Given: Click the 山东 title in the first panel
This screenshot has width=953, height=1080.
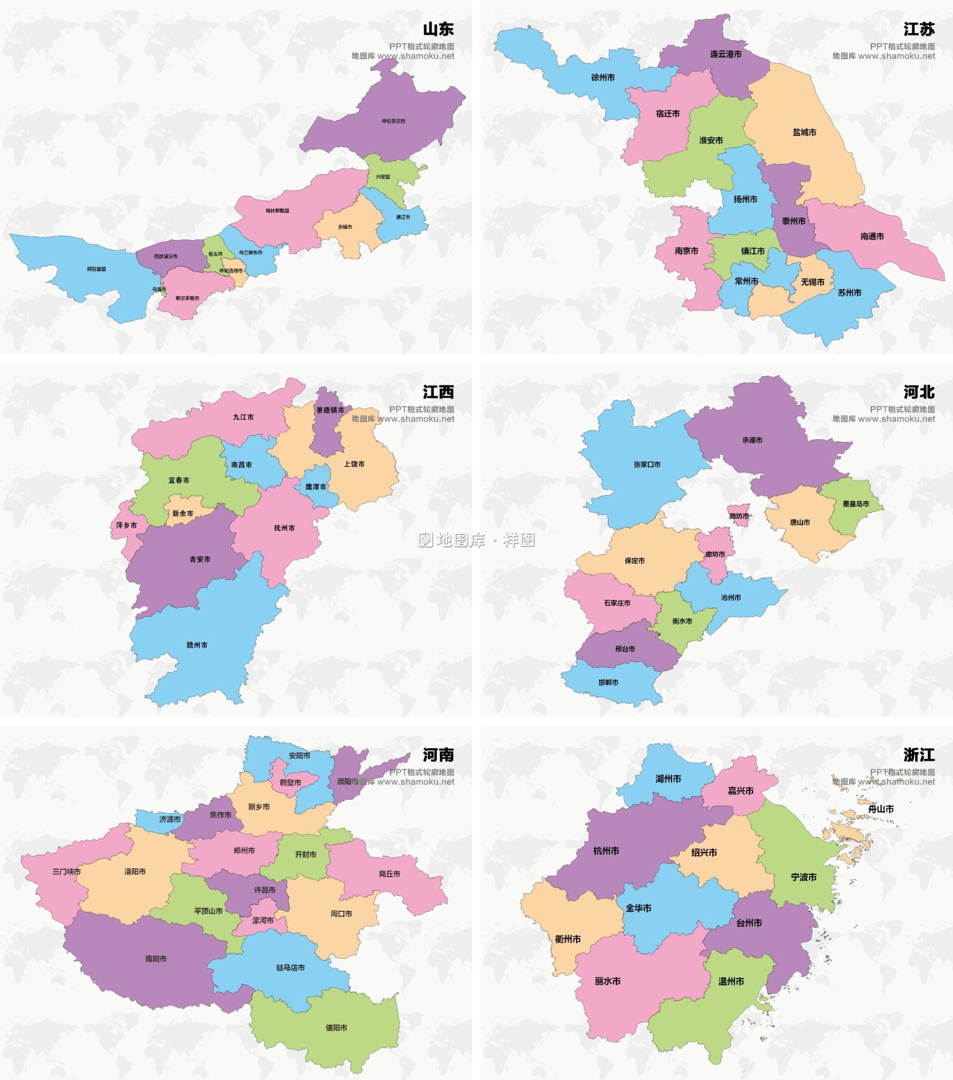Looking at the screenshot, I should (x=438, y=29).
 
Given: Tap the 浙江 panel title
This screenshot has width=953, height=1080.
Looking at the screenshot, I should (x=919, y=754).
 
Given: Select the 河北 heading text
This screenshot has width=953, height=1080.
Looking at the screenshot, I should (x=919, y=392).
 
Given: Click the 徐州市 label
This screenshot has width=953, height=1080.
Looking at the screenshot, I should (x=603, y=77).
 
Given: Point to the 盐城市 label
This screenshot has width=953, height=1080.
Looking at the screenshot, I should (x=804, y=132).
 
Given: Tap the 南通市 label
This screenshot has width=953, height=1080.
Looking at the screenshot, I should (x=872, y=236).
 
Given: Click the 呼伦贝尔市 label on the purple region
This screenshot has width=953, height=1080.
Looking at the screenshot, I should (x=394, y=121).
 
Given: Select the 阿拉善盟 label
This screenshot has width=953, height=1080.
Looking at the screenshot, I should (x=96, y=269).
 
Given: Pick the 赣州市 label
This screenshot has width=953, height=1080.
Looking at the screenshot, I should (x=197, y=645).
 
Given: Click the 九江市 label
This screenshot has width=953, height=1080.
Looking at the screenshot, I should (x=243, y=417).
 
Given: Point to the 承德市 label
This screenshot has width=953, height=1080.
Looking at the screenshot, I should (x=752, y=440).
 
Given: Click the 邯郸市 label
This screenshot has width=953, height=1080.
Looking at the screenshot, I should (x=608, y=682).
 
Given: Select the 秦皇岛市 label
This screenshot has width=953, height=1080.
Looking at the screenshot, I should (x=856, y=503).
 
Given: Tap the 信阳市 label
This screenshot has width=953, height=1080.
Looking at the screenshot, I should (x=336, y=1027).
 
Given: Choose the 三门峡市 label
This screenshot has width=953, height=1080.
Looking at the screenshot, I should (x=67, y=871).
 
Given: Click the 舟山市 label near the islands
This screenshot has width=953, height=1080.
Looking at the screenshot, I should (x=881, y=809).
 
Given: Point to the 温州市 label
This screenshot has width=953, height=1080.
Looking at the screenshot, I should (x=731, y=982).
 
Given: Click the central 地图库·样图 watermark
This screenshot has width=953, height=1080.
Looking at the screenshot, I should (x=476, y=540).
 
